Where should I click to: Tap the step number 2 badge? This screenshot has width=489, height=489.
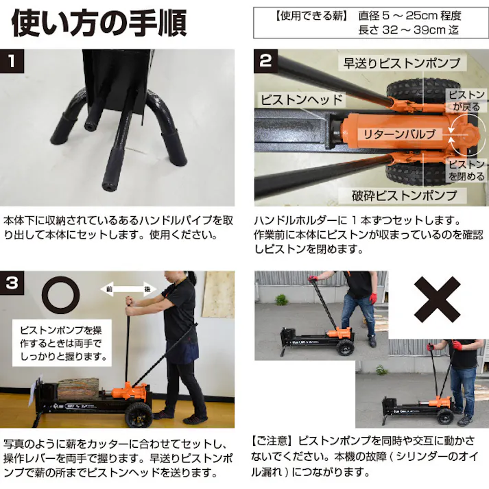265,60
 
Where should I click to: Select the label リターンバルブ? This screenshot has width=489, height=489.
400,134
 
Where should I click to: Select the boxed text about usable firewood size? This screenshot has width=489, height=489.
367,23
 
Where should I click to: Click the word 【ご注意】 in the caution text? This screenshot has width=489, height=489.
275,439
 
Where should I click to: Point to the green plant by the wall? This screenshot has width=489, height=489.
281,300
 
